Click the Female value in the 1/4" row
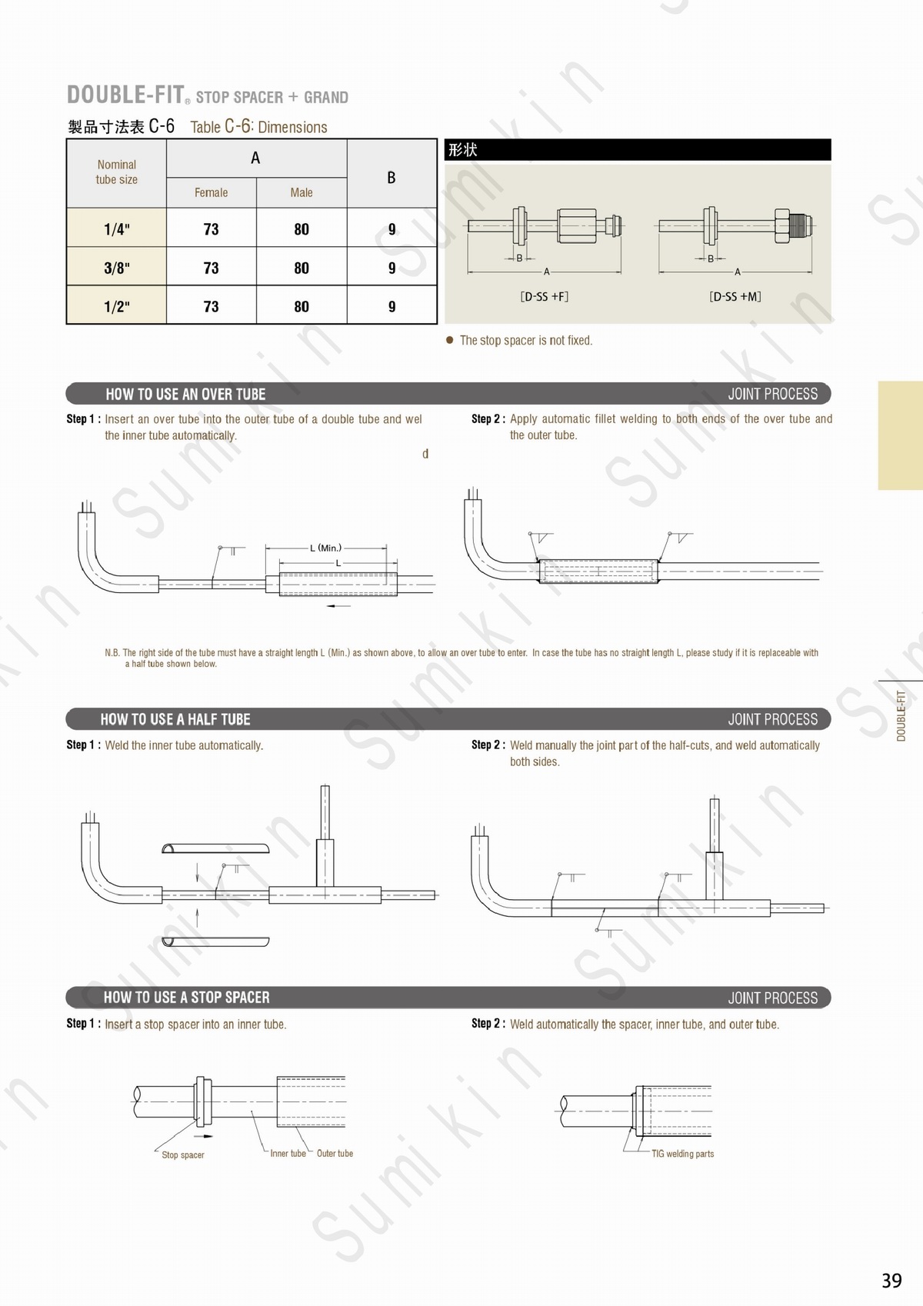[x=211, y=229]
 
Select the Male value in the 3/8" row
[x=302, y=268]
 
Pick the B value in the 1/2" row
[x=392, y=307]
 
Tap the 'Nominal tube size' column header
[x=117, y=172]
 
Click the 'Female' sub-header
[x=211, y=193]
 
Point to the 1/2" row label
[x=117, y=307]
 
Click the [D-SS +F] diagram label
[x=545, y=296]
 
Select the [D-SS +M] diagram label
[x=735, y=296]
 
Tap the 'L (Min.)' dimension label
[x=326, y=548]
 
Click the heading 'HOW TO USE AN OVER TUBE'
[x=185, y=395]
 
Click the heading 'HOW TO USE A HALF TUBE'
[x=175, y=720]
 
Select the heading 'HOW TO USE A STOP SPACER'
[x=187, y=998]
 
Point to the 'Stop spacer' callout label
[x=183, y=1155]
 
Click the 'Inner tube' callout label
[x=288, y=1154]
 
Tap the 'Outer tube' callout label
[x=335, y=1154]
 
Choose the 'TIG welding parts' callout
[x=682, y=1154]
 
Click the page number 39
[x=891, y=1281]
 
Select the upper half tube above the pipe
[x=216, y=849]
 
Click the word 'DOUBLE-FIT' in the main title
[x=125, y=95]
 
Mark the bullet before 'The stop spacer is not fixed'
[x=450, y=340]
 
